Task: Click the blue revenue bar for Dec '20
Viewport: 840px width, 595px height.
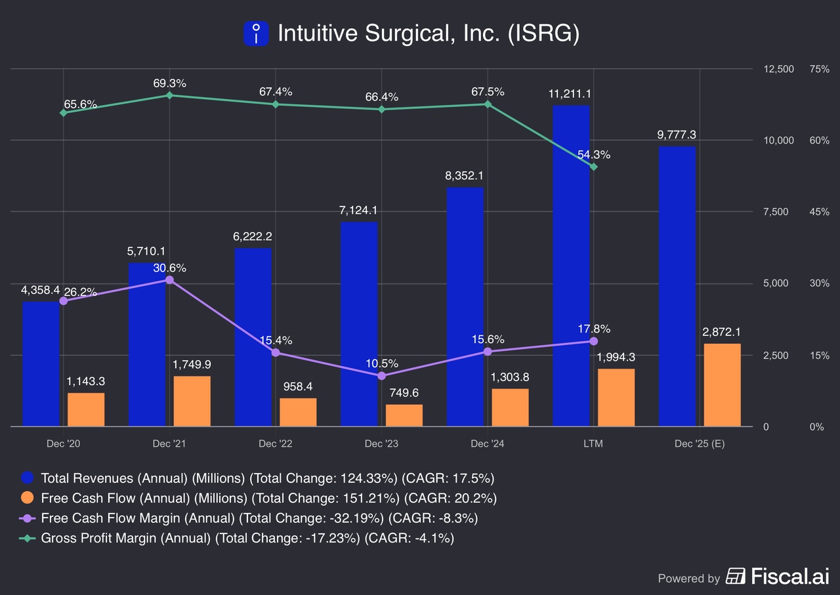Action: (x=41, y=364)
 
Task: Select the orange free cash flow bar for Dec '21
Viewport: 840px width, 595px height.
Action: (x=192, y=401)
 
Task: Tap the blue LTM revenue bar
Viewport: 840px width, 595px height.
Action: (x=571, y=266)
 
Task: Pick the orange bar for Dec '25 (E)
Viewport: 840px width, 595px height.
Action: (x=722, y=385)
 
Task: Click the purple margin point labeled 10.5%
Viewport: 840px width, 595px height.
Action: (x=382, y=376)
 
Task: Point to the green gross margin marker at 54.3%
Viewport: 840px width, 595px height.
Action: (x=594, y=167)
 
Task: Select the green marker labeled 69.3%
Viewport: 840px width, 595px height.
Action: (x=169, y=95)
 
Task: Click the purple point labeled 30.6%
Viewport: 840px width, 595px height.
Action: (x=169, y=280)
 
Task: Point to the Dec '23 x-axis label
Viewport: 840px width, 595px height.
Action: (x=381, y=443)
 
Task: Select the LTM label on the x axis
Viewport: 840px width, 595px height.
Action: (x=593, y=443)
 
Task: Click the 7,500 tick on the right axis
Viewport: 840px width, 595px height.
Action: (x=780, y=212)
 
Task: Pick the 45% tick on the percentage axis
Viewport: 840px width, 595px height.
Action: (x=820, y=212)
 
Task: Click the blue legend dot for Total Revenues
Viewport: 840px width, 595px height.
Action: (x=28, y=478)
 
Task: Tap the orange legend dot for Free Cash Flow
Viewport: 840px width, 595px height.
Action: (x=28, y=498)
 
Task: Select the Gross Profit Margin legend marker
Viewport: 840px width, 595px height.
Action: (x=28, y=539)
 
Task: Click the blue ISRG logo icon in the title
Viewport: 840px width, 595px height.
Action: (x=256, y=33)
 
